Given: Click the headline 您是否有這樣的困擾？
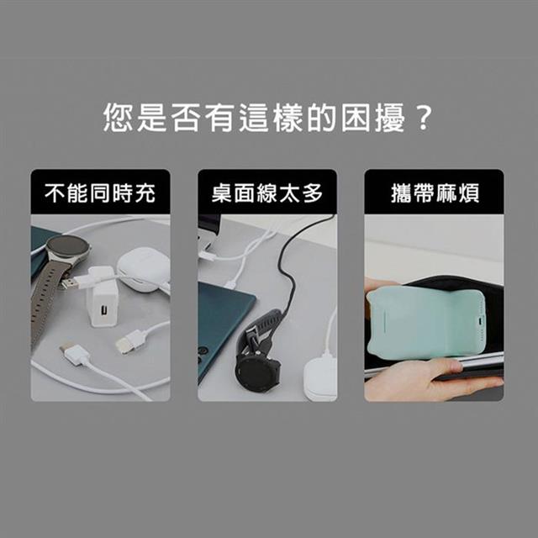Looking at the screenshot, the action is pyautogui.click(x=267, y=118).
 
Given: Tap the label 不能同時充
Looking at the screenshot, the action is pyautogui.click(x=100, y=193).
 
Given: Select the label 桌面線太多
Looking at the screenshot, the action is pyautogui.click(x=267, y=193).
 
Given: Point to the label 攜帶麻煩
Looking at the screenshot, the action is pyautogui.click(x=435, y=193).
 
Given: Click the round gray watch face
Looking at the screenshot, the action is pyautogui.click(x=67, y=248).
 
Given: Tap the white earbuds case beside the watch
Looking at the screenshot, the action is pyautogui.click(x=144, y=270).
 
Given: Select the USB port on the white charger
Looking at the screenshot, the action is pyautogui.click(x=103, y=310).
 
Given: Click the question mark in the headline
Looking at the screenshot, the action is pyautogui.click(x=423, y=118).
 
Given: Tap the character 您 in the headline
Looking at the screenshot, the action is pyautogui.click(x=118, y=118).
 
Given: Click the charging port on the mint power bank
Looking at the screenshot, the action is pyautogui.click(x=480, y=323).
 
